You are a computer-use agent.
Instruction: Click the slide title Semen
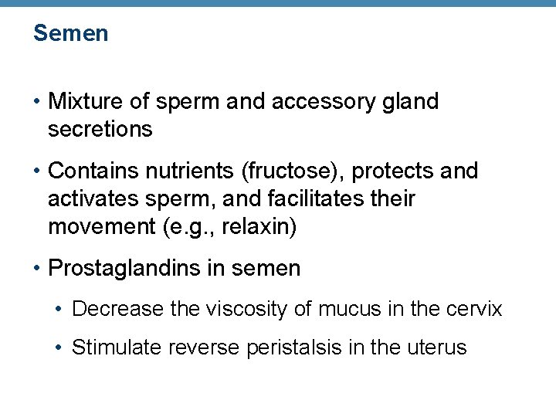[x=70, y=34]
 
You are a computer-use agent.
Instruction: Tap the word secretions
[x=100, y=129]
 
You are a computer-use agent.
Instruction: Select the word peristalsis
[x=294, y=348]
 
